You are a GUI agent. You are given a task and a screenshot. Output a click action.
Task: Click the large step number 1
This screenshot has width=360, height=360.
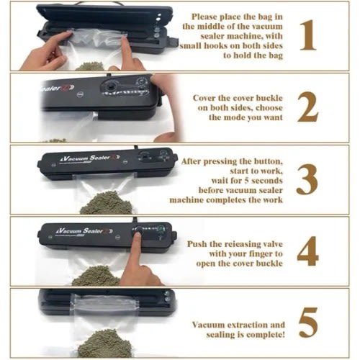pyautogui.click(x=309, y=35)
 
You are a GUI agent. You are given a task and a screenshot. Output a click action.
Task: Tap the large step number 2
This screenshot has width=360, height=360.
pyautogui.click(x=308, y=107)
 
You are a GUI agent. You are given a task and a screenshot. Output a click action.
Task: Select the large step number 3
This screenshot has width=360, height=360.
pyautogui.click(x=307, y=179)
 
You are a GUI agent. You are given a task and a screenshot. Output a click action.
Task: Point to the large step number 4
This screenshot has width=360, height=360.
pyautogui.click(x=308, y=251)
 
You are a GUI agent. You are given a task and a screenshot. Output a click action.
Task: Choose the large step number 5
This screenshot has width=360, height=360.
pyautogui.click(x=308, y=323)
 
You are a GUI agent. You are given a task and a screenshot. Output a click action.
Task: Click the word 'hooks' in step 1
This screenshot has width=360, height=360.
pyautogui.click(x=217, y=45)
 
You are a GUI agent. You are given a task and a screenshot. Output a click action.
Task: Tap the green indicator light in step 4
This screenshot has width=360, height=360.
pyautogui.click(x=161, y=228)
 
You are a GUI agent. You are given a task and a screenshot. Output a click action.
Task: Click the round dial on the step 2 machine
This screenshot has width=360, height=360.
pyautogui.click(x=111, y=86)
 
